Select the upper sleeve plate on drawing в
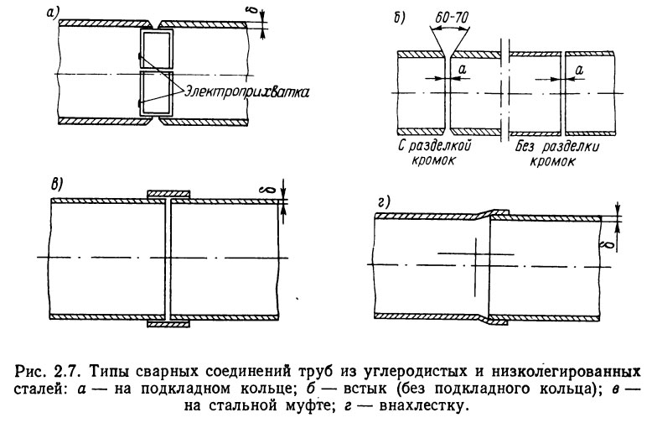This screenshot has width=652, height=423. (x=170, y=195)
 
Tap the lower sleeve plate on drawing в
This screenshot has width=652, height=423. (x=170, y=322)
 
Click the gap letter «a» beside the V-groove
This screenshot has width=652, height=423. (x=463, y=70)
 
